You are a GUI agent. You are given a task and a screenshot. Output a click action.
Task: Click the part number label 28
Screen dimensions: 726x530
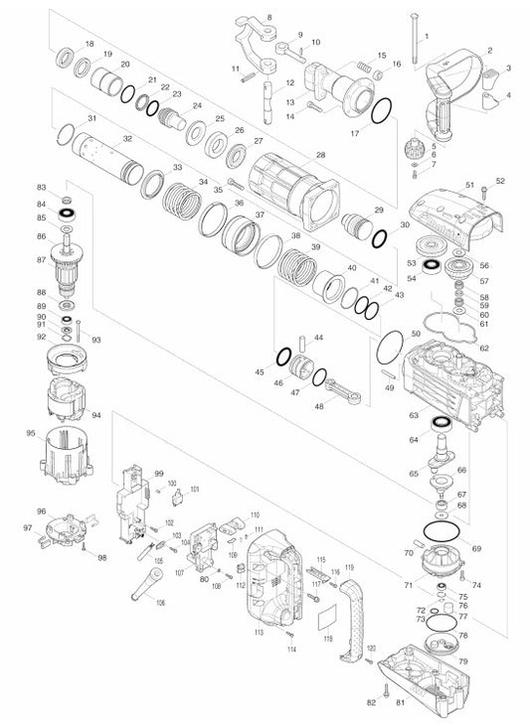point(320,154)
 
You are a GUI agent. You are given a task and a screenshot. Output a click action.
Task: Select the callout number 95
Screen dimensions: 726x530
point(31,433)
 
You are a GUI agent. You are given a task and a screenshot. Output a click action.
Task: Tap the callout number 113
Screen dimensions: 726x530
point(259,633)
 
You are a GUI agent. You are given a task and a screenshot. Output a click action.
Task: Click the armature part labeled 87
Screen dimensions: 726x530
point(71,264)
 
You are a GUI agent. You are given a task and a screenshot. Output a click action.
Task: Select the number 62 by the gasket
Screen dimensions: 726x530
point(484,349)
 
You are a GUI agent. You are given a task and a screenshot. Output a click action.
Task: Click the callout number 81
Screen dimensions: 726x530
point(400,704)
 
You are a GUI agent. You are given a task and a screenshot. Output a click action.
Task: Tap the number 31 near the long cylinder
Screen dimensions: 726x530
point(91,119)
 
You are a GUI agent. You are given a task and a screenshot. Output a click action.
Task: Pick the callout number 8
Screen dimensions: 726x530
point(269,19)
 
